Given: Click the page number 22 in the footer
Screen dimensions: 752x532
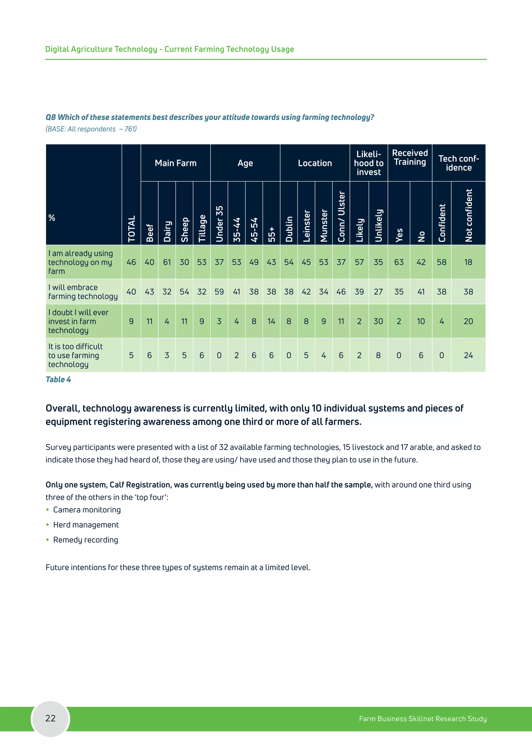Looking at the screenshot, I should click(x=50, y=718).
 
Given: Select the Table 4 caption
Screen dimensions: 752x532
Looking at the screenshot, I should click(x=58, y=380).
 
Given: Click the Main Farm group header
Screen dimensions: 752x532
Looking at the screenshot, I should click(x=176, y=163).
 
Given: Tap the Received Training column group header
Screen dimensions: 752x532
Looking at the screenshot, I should click(x=410, y=158).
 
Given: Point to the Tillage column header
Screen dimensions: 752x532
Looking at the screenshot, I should click(x=202, y=228).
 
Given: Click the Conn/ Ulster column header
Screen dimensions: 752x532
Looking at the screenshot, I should click(x=341, y=217).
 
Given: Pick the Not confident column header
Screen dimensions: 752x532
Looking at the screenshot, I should click(x=468, y=215).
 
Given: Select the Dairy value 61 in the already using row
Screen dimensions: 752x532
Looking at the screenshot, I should click(x=167, y=262).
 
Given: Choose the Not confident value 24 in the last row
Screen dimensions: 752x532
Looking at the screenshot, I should click(x=468, y=355).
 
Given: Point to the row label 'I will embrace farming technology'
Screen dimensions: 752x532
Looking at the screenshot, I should click(x=83, y=292).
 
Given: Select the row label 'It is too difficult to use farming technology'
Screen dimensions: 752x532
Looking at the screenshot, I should click(x=75, y=355).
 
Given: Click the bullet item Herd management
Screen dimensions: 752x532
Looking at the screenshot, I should click(x=86, y=525).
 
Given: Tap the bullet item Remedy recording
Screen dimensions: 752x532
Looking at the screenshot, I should click(x=85, y=540).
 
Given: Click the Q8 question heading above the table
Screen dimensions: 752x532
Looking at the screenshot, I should click(x=210, y=117).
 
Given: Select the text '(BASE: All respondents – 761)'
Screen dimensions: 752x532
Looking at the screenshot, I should click(x=91, y=129).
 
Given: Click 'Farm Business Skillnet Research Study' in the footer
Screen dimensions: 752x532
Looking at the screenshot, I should click(x=423, y=719).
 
